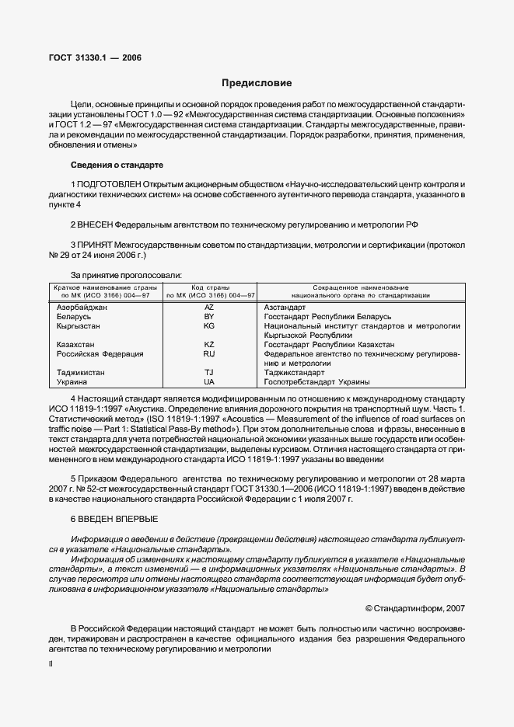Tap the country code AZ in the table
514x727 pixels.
click(x=208, y=308)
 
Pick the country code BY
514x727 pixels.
click(x=208, y=317)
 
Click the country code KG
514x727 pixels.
click(x=208, y=326)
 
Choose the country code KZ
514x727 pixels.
click(x=208, y=344)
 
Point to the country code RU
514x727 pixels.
click(x=208, y=354)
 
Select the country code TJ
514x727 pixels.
click(x=208, y=373)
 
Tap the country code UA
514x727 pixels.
click(x=208, y=382)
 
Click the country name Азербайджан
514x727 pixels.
click(x=82, y=308)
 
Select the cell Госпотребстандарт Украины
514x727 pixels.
click(x=316, y=382)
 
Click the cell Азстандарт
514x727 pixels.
click(x=285, y=308)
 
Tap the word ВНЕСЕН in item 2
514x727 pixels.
click(x=96, y=224)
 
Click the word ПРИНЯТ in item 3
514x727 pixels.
click(x=96, y=245)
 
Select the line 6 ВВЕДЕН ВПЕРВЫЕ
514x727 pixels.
click(x=117, y=517)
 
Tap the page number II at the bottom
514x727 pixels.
click(x=51, y=664)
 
